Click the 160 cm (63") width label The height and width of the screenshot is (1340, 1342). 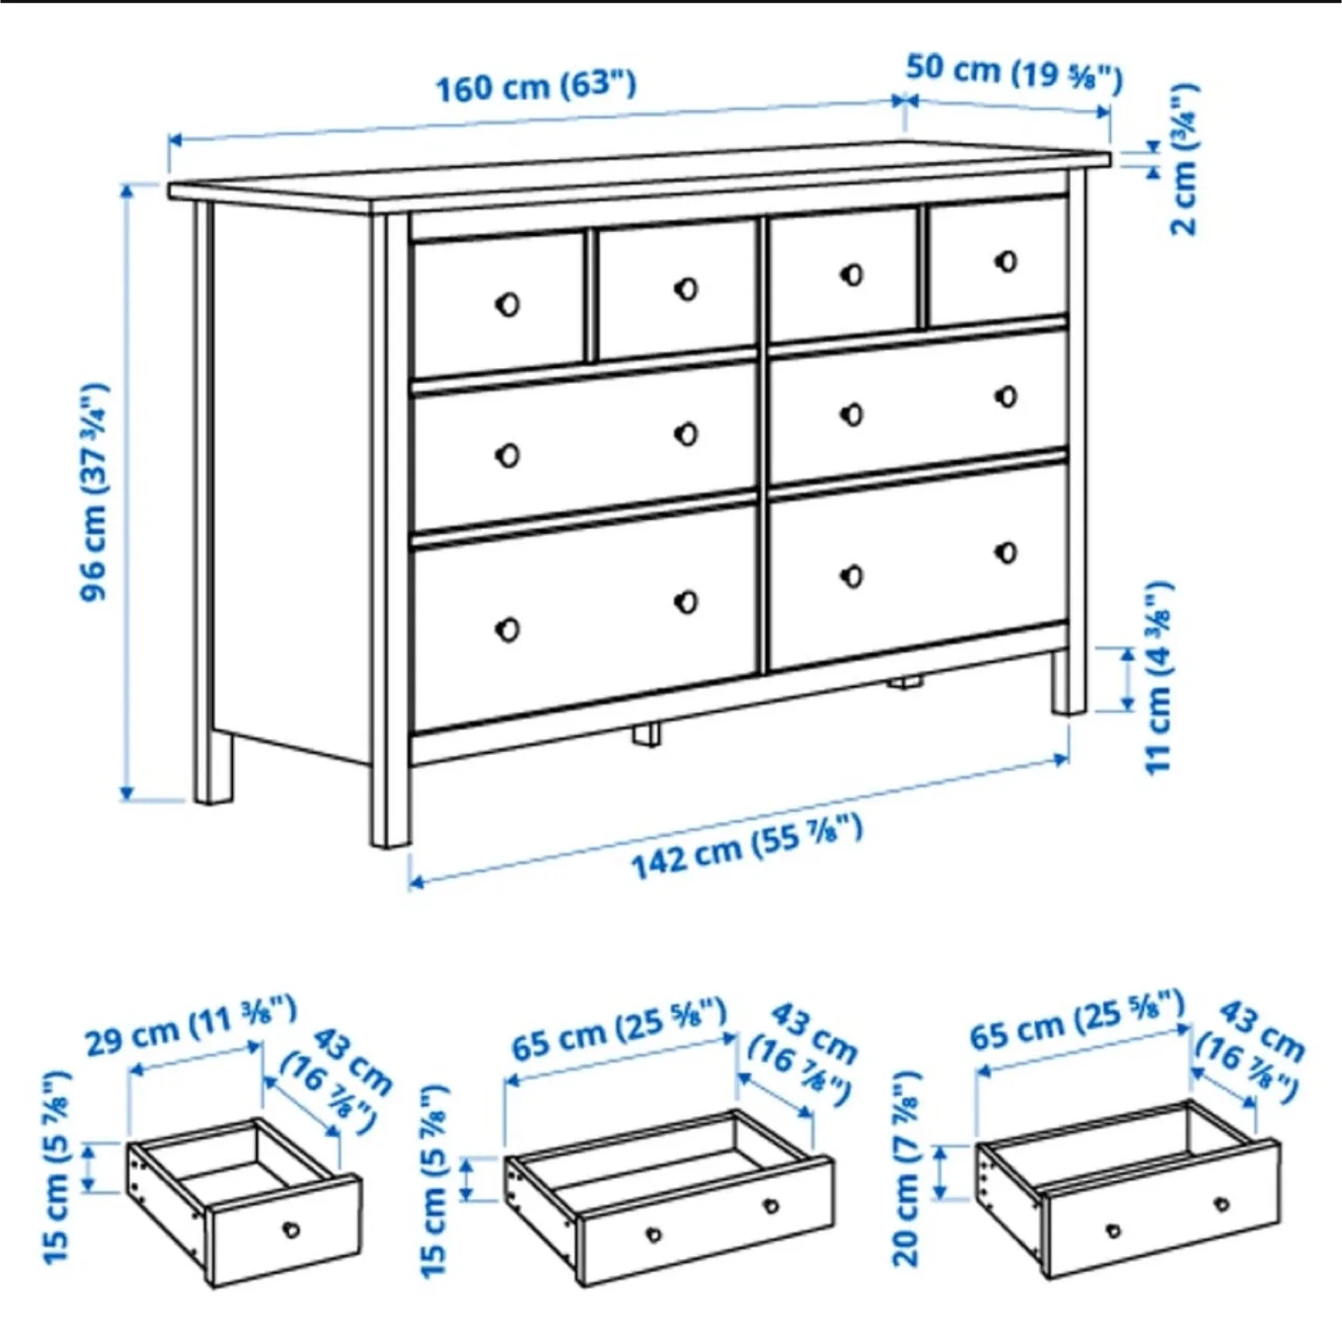point(536,86)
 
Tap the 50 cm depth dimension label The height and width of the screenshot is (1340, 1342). point(1014,71)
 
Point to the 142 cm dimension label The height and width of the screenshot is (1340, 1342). point(746,846)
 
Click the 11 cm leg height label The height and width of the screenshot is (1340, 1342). point(1157,677)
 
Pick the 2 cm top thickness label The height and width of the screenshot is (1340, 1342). point(1184,158)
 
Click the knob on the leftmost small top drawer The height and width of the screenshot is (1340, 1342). point(507,304)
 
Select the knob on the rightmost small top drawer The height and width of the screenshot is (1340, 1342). point(1006,261)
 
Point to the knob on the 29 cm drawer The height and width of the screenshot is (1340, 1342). point(292,1229)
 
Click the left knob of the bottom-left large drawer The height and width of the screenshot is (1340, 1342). point(508,629)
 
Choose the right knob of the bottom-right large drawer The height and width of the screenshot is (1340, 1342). point(1006,553)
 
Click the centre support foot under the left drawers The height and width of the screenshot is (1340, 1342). point(646,733)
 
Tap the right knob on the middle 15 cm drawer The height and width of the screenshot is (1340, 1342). point(771,1206)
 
